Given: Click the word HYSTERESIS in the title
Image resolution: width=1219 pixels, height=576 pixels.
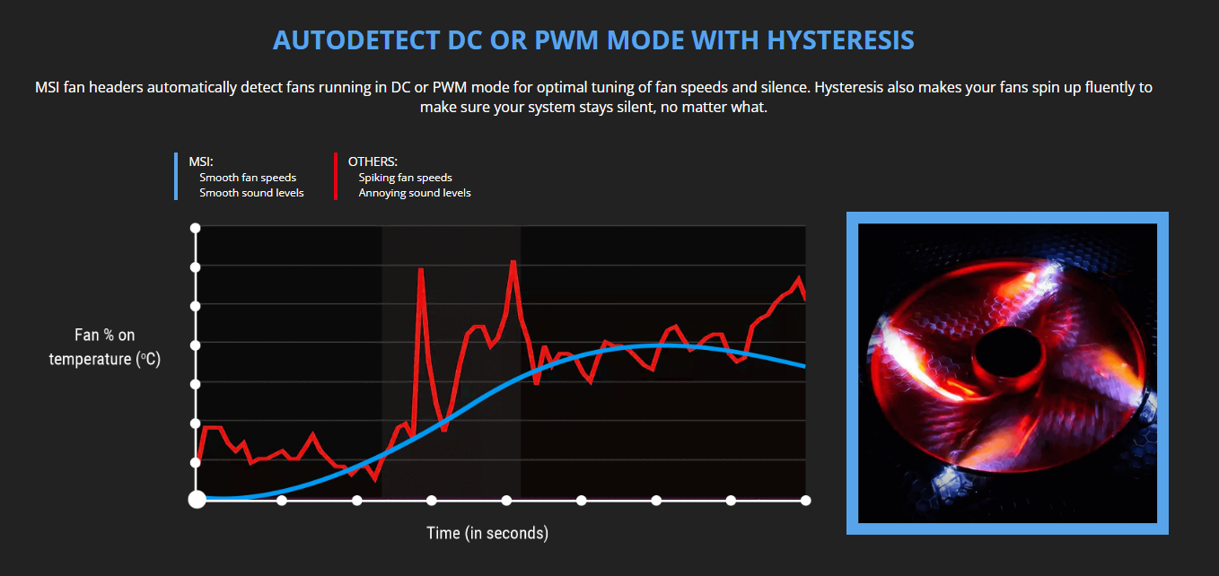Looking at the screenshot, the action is click(x=841, y=40).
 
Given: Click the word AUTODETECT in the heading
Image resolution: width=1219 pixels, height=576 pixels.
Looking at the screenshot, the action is click(x=356, y=40).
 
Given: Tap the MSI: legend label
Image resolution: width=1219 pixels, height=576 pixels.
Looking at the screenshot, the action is click(x=201, y=161).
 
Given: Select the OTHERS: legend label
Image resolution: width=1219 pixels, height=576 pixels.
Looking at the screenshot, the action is click(x=373, y=161).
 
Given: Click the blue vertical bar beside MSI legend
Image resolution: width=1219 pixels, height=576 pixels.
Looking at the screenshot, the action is click(x=176, y=176).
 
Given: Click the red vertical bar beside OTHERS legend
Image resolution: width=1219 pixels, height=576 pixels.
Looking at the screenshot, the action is click(x=336, y=176).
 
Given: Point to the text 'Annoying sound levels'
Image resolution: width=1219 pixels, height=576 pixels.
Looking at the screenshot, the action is click(x=415, y=193).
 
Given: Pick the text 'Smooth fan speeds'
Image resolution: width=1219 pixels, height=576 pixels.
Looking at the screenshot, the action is click(x=248, y=178).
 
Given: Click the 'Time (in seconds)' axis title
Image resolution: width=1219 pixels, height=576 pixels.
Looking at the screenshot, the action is click(x=487, y=533).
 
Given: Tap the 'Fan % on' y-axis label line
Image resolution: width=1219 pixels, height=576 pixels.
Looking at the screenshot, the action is click(x=104, y=335).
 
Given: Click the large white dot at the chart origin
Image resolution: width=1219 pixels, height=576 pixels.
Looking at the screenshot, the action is click(x=197, y=500).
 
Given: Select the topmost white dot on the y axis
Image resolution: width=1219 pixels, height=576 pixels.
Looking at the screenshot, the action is click(x=196, y=228).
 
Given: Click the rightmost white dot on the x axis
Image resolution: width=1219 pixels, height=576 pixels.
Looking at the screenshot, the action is click(x=805, y=501).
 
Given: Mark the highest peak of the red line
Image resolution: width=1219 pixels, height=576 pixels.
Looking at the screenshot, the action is click(x=513, y=262).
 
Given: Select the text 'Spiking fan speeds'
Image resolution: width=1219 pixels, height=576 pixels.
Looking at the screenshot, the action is click(x=406, y=178).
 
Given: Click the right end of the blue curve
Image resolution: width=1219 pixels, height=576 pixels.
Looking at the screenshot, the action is click(x=805, y=366).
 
